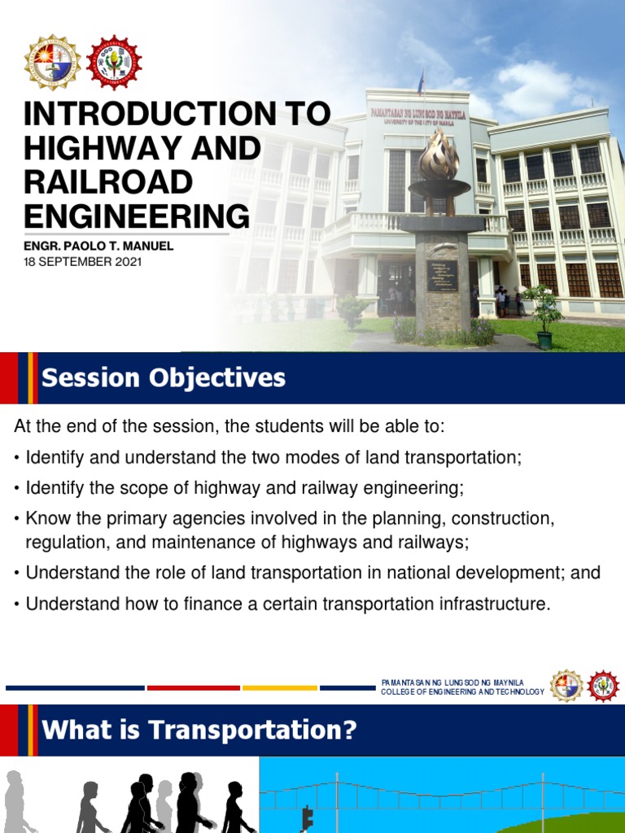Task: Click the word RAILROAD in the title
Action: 108,181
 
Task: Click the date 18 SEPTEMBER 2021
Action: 82,262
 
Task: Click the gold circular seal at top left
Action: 51,63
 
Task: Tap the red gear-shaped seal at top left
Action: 114,63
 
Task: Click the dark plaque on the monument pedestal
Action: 443,276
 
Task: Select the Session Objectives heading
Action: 164,378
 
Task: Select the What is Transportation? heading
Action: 199,730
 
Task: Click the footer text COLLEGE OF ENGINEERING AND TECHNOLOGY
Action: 462,691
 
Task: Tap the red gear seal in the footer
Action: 603,686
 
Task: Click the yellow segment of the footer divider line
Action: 279,688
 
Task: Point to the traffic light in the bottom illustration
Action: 308,817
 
